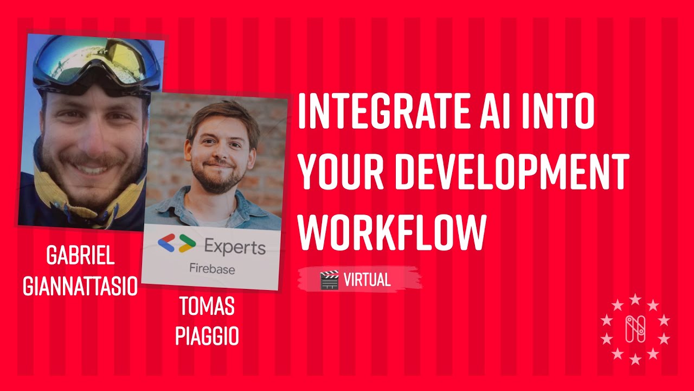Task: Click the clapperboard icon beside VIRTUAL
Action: coord(329,280)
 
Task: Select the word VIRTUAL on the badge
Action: coord(367,280)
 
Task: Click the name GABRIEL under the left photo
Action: coord(80,255)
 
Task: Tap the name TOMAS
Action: coord(207,307)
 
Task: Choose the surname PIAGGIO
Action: coord(207,336)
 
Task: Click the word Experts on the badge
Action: coord(235,248)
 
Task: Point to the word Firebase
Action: coord(212,268)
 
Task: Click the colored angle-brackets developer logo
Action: coord(177,244)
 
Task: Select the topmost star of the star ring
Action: coord(635,299)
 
